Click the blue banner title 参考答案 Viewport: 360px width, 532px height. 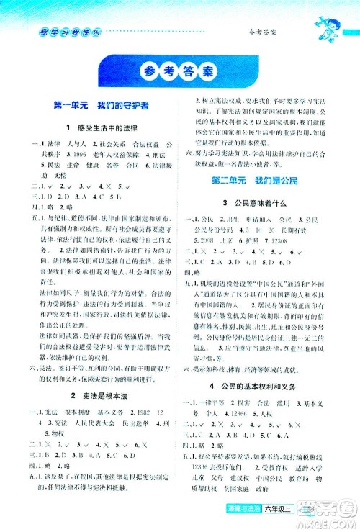(x=179, y=72)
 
